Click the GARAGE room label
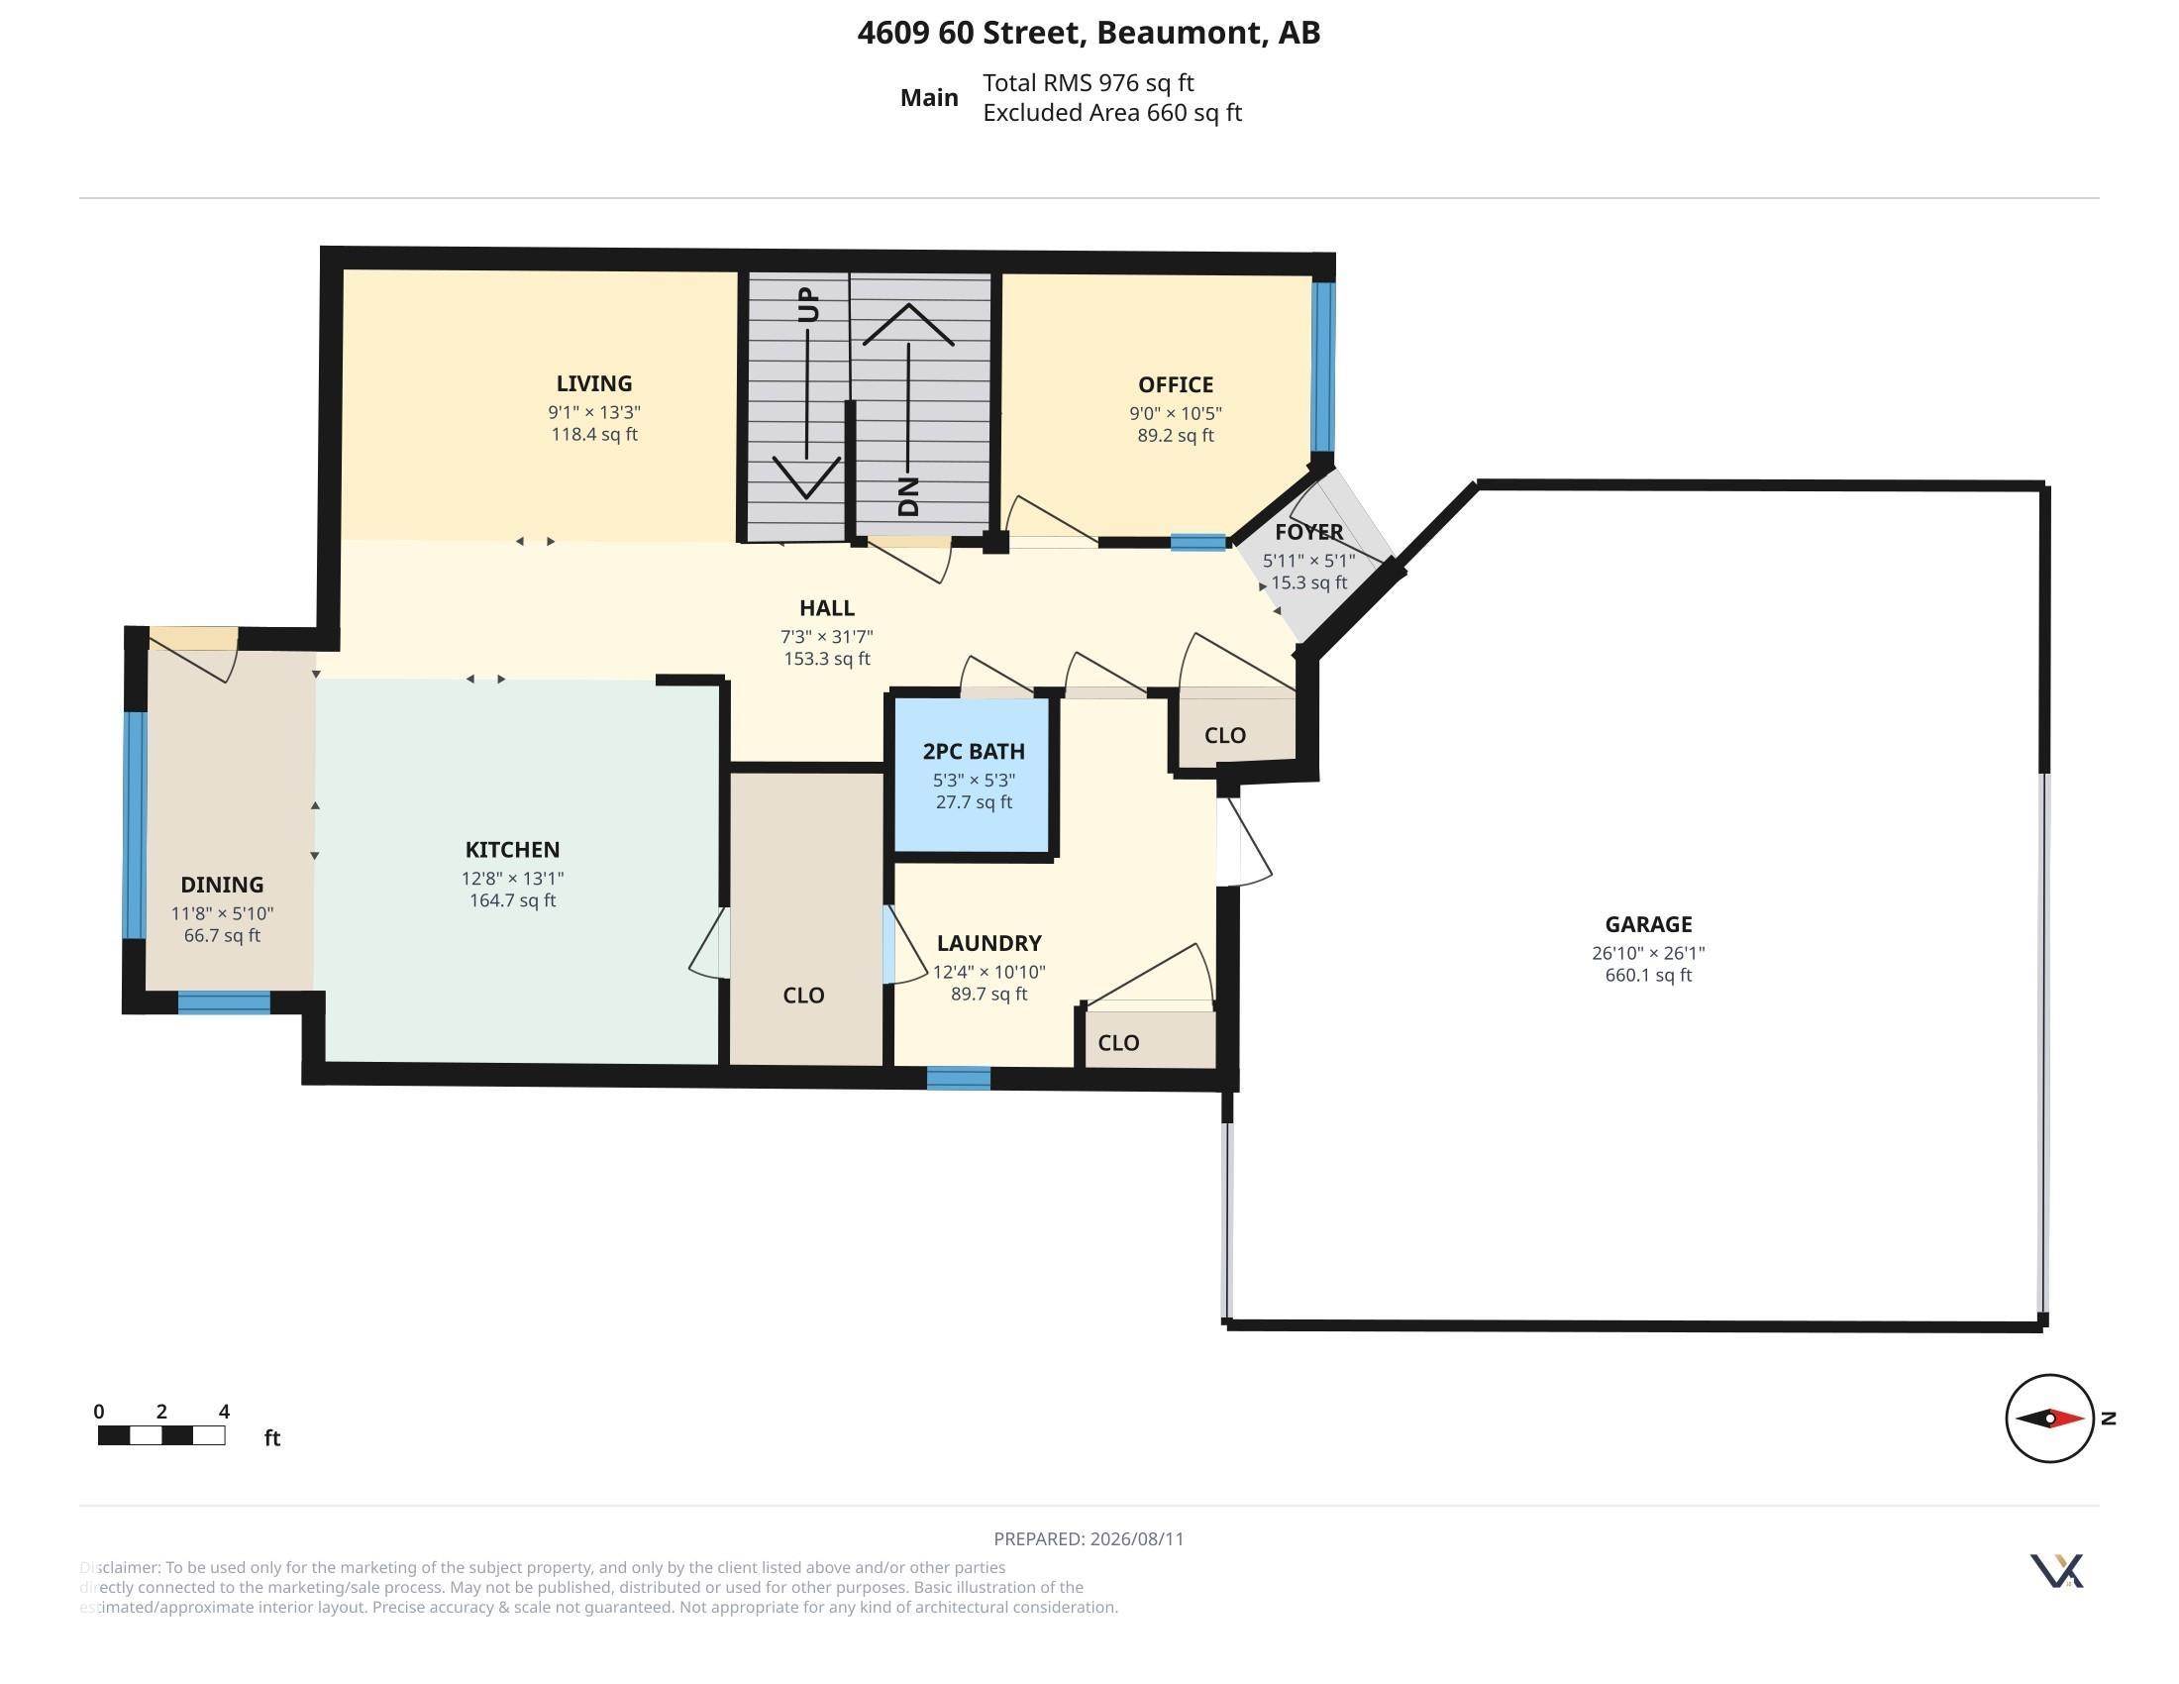(1648, 924)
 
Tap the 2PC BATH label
(973, 751)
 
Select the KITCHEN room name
(512, 849)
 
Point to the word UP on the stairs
(808, 304)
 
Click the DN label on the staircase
(908, 496)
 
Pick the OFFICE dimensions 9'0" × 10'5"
(1176, 413)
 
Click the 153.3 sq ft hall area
(827, 659)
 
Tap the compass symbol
(2049, 1418)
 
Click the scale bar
(161, 1435)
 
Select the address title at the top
(1089, 33)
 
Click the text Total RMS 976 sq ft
(1088, 83)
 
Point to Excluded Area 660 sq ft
(1111, 113)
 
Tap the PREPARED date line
(1089, 1538)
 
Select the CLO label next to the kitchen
(803, 995)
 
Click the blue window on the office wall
(1323, 368)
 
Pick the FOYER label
(1309, 532)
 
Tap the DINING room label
(222, 884)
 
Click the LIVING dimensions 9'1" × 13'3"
(593, 412)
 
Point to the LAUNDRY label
(988, 943)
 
